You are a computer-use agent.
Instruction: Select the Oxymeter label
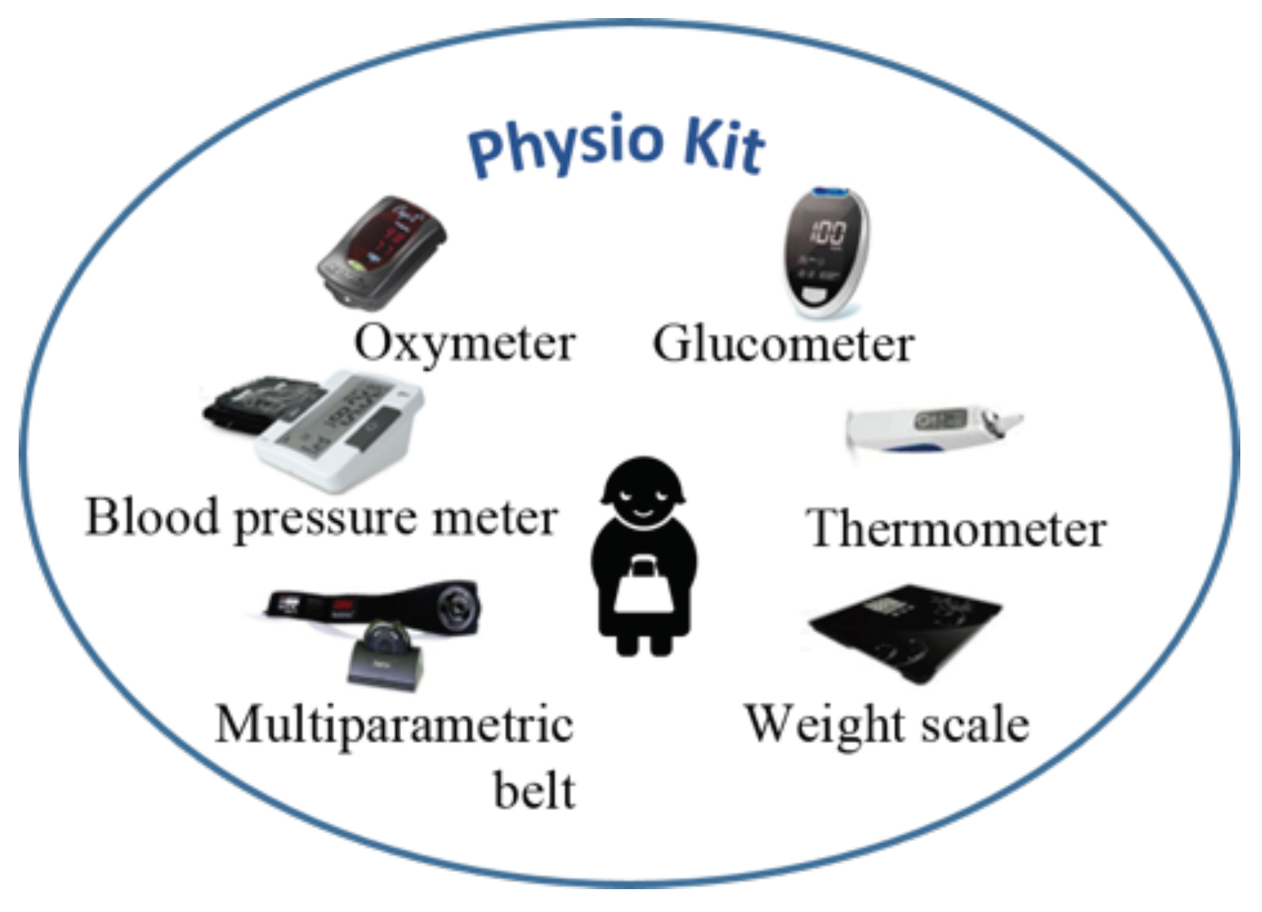(464, 344)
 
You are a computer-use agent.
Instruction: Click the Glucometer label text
(784, 344)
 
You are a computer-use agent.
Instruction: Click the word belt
(534, 791)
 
